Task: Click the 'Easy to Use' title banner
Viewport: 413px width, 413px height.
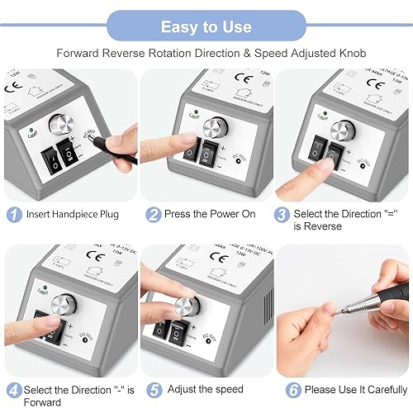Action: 206,26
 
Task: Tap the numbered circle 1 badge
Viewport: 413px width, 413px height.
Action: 13,214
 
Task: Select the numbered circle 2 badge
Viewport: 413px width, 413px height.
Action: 153,214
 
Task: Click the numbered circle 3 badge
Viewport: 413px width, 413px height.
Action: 282,214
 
